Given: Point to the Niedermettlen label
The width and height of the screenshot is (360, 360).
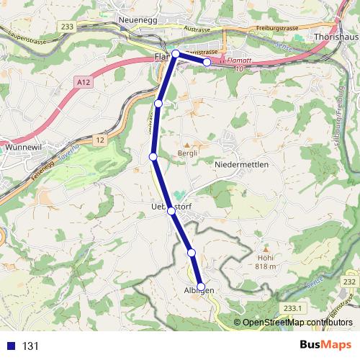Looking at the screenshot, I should [242, 165].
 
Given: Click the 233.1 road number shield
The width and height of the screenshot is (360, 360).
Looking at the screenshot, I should [292, 307].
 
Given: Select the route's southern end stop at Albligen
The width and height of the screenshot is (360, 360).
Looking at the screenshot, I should [201, 286].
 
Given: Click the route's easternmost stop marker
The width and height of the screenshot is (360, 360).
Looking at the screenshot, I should [207, 63].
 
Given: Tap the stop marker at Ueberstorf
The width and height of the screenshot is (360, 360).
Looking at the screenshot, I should [171, 211].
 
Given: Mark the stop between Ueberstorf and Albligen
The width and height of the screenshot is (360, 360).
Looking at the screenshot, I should [192, 252].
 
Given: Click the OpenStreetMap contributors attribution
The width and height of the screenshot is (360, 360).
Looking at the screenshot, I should [297, 323].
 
